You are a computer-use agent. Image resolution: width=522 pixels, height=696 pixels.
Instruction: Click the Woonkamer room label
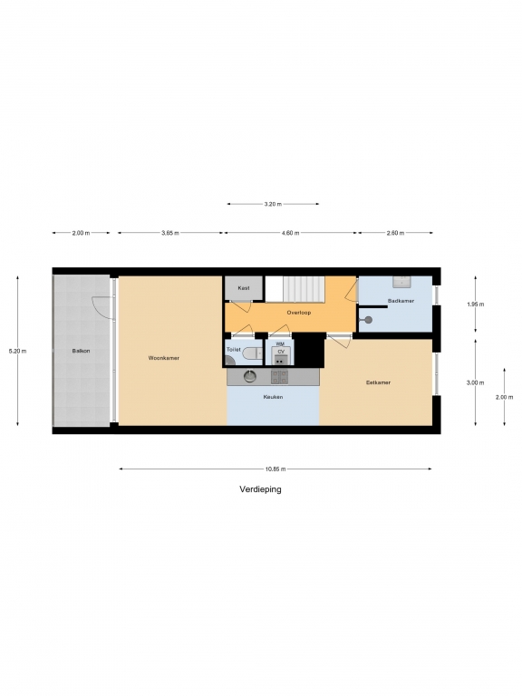(x=164, y=358)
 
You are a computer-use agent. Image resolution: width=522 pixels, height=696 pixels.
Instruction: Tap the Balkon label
(x=82, y=351)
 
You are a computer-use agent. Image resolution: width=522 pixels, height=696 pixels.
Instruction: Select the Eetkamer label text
(x=378, y=382)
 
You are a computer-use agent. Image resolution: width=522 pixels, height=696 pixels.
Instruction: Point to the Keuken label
(x=273, y=397)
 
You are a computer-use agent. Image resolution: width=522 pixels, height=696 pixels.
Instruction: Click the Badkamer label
(x=401, y=301)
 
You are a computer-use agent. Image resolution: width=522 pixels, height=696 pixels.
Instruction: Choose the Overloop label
(x=299, y=313)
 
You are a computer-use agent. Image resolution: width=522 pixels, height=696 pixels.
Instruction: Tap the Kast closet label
(x=244, y=288)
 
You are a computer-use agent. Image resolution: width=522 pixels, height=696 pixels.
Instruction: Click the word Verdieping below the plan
(x=261, y=489)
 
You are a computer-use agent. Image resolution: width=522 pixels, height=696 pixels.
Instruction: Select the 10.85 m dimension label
(x=275, y=469)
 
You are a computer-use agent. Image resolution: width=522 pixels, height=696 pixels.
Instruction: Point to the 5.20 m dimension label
(x=18, y=351)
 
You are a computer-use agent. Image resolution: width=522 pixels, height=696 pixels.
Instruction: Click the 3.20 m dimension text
(x=273, y=204)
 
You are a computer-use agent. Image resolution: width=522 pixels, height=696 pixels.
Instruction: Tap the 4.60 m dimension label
(x=290, y=233)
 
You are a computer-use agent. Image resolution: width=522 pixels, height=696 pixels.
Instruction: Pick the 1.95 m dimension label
(x=476, y=304)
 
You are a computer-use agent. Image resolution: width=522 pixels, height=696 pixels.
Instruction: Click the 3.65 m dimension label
(x=170, y=233)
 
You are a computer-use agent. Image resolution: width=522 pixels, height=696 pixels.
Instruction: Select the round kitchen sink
(x=250, y=376)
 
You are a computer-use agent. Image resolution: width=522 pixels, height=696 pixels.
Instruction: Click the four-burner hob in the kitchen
(x=280, y=377)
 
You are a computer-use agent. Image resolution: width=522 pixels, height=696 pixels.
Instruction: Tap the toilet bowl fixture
(x=252, y=353)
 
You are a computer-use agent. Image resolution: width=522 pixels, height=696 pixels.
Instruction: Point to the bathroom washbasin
(x=401, y=282)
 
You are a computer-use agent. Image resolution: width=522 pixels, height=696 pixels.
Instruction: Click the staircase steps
(x=304, y=289)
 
